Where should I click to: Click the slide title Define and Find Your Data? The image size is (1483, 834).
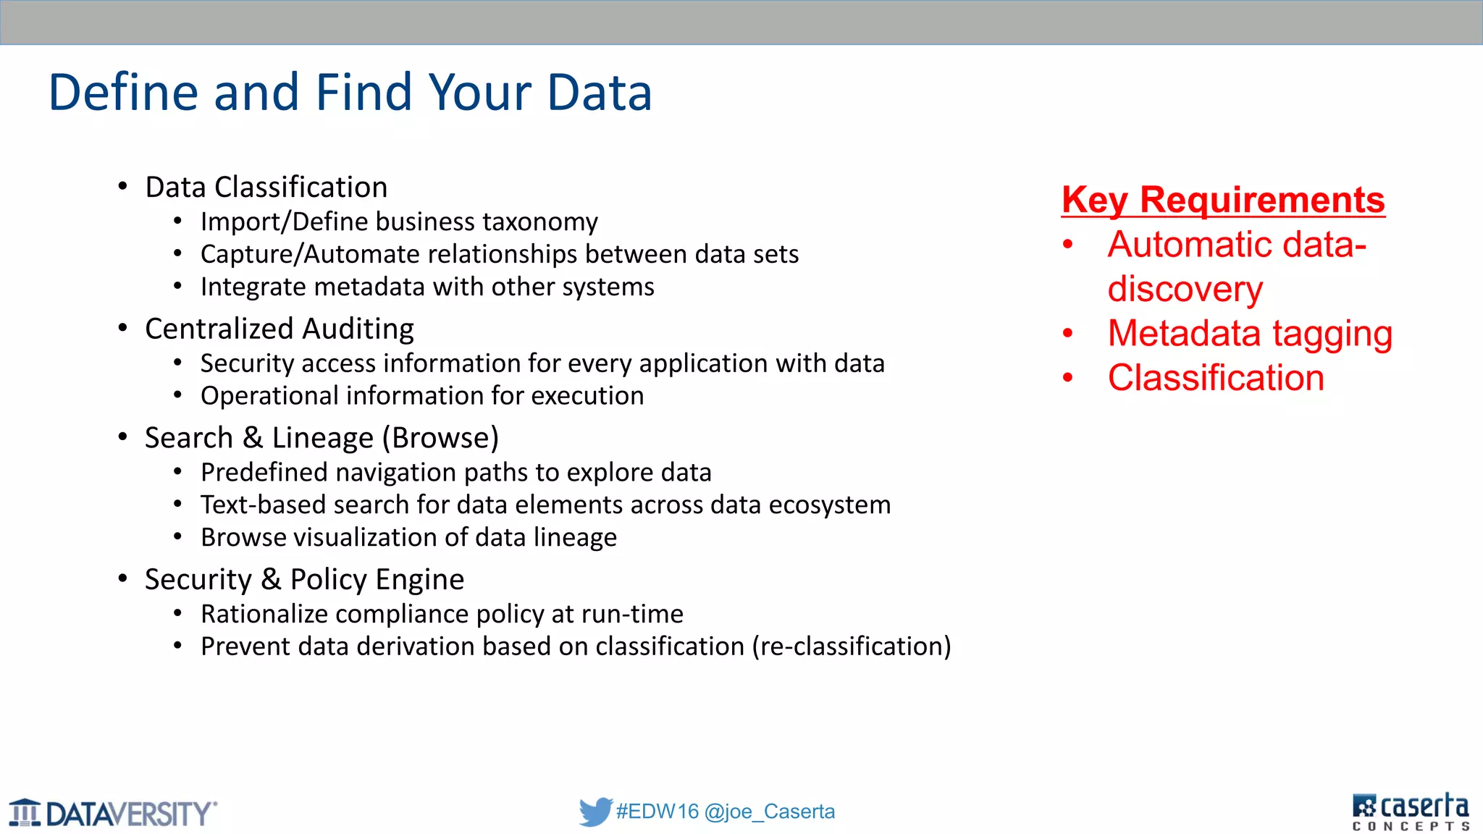point(350,93)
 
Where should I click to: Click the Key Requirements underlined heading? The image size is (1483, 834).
point(1222,200)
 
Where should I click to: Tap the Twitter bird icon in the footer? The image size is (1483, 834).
point(595,812)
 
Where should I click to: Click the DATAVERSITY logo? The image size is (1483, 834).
point(114,813)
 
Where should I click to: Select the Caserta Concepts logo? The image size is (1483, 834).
point(1411,812)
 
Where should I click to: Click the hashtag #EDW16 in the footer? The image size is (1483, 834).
point(658,812)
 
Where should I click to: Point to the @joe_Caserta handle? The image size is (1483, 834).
point(769,812)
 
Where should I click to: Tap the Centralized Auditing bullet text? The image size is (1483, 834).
point(279,329)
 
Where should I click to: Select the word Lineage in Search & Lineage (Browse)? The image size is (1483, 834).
point(322,438)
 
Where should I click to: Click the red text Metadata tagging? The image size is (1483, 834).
point(1250,334)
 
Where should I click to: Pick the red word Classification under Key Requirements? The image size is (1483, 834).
point(1216,378)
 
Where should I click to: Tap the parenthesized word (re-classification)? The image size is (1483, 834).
point(852,646)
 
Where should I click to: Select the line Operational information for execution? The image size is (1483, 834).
point(421,396)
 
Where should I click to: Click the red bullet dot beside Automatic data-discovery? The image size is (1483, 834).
point(1067,245)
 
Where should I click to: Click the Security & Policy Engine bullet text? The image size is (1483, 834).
point(304,580)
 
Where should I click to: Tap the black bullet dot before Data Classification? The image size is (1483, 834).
point(123,187)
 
